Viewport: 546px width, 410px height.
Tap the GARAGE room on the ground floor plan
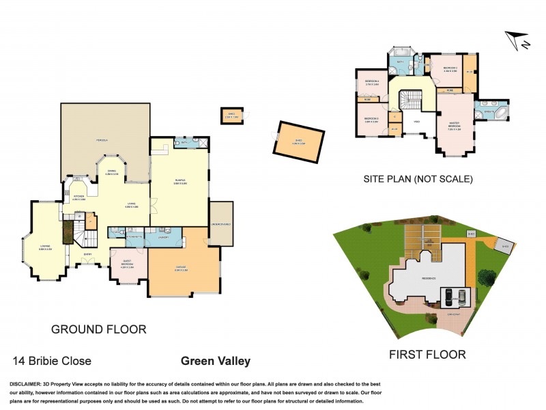click(x=181, y=269)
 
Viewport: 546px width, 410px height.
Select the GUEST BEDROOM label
click(x=128, y=263)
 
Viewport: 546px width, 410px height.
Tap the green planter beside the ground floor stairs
click(x=68, y=232)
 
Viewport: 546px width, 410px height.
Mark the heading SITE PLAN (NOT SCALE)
click(x=418, y=179)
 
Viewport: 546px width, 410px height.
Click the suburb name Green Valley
click(x=215, y=361)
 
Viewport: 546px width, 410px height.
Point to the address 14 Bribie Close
click(x=52, y=361)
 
